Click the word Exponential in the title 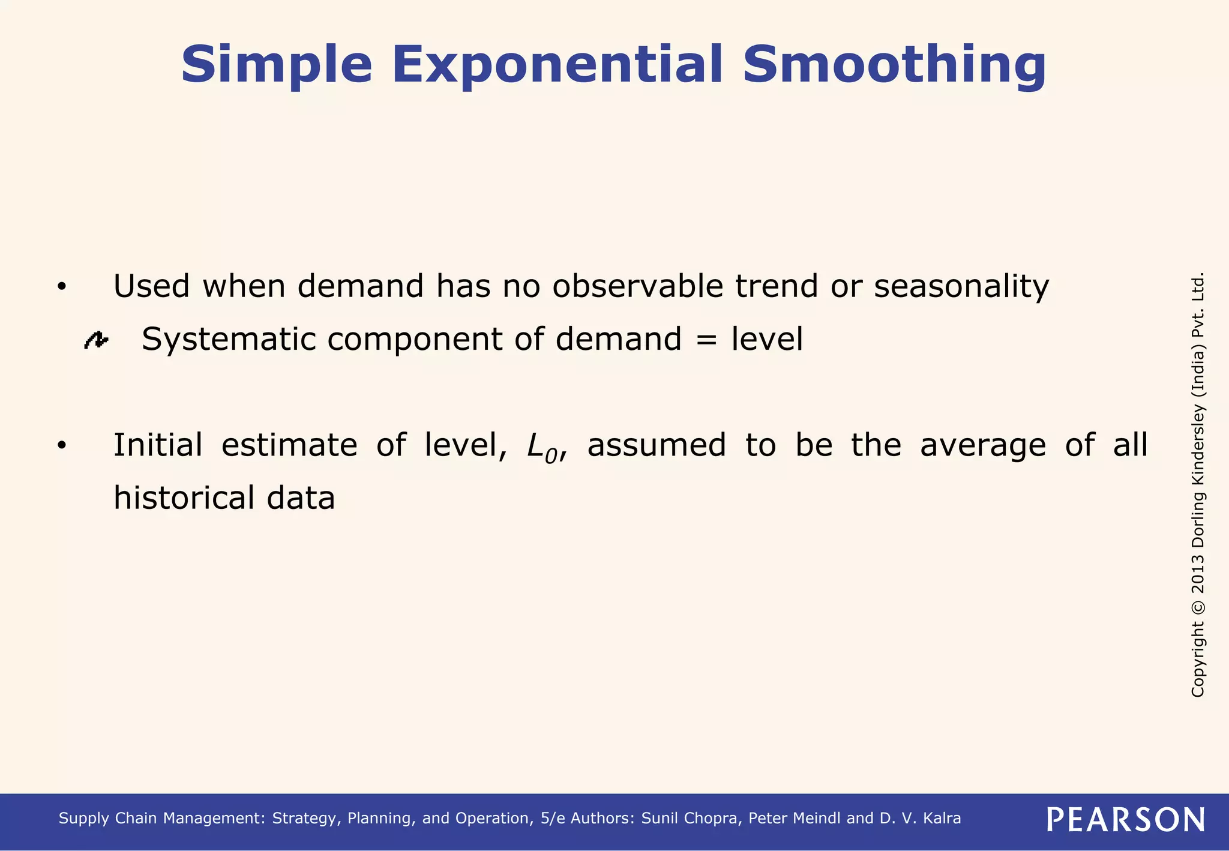coord(557,64)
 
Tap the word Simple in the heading coord(277,64)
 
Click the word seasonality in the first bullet coord(961,286)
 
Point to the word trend coord(777,286)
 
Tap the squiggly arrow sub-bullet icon coord(96,340)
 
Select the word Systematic coord(229,339)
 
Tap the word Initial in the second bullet coord(158,445)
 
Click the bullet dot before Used coord(61,287)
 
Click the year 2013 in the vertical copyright coord(1198,575)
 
